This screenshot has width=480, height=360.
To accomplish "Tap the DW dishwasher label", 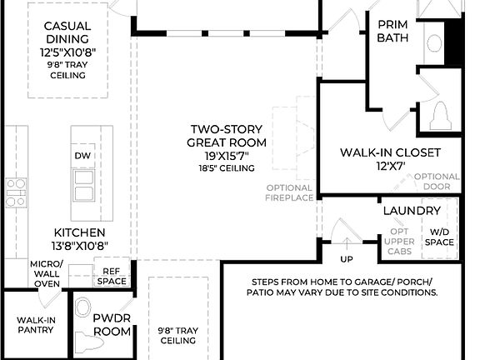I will [82, 156].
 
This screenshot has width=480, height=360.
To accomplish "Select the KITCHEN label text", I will [79, 232].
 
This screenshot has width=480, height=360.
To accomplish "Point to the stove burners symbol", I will [16, 192].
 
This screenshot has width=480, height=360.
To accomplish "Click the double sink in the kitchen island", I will [82, 186].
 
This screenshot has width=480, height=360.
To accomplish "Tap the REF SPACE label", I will [112, 276].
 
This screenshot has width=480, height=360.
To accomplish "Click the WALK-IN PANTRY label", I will [35, 324].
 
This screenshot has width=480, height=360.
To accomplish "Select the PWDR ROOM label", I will [112, 324].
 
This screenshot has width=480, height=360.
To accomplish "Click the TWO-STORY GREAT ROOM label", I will [227, 136].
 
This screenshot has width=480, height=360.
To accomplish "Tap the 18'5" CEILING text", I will [226, 168].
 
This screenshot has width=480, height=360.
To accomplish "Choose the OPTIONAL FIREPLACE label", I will [290, 192].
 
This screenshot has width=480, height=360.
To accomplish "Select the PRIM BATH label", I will [392, 32].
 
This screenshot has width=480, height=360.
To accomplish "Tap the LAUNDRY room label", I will [405, 211].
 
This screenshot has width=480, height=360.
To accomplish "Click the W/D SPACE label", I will [439, 237].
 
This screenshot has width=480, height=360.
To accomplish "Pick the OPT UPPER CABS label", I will [399, 241].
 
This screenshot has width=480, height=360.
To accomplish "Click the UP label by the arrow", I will [346, 247].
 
